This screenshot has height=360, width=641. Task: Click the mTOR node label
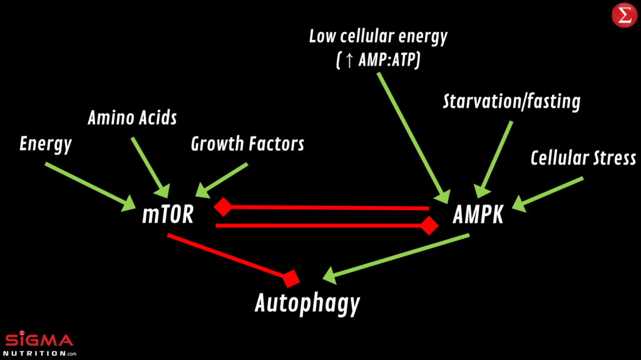[x=168, y=215]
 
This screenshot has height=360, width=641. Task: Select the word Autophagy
[x=307, y=304]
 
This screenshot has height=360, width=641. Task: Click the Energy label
[x=46, y=144]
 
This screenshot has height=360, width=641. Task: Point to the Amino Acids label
[x=132, y=118]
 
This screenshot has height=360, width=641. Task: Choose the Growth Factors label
[x=247, y=144]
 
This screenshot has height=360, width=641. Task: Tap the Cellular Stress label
[x=583, y=158]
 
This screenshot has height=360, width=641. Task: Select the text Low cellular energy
[x=379, y=36]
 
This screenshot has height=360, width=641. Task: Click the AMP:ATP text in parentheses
[x=386, y=61]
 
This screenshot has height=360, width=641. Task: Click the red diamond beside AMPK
[x=429, y=225]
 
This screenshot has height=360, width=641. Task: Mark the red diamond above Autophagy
[x=290, y=277]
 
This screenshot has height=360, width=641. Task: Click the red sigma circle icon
[x=623, y=15]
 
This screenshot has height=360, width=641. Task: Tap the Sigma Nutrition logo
[x=39, y=345]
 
